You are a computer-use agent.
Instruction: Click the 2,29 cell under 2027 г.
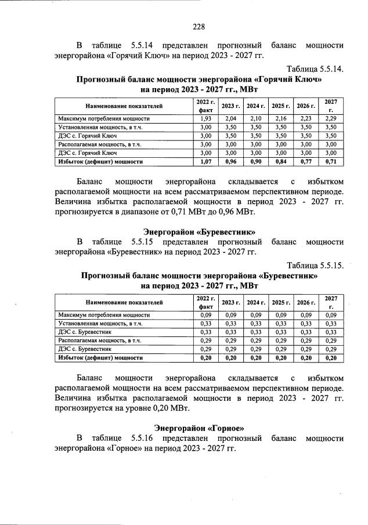pos(331,118)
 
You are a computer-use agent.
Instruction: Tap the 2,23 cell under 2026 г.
pos(306,118)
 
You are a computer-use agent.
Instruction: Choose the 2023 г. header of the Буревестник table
pos(231,302)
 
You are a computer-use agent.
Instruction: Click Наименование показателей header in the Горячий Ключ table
pos(124,106)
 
